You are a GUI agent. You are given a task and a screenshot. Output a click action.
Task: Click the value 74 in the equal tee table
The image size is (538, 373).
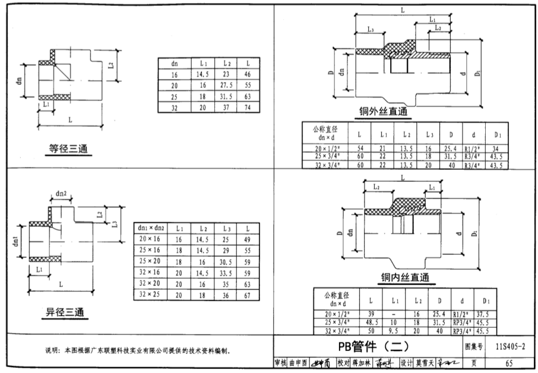coord(247,108)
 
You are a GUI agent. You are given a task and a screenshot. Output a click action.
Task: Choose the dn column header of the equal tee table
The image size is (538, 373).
coord(174,63)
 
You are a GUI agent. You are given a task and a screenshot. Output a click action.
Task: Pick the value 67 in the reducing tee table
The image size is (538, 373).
coord(247,294)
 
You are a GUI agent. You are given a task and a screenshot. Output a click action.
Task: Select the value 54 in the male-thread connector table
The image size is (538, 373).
coord(359,148)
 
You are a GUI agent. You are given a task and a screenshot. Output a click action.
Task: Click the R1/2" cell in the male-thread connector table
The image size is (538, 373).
coord(473,148)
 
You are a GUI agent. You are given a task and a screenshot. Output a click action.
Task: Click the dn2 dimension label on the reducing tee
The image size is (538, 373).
coord(62,194)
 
